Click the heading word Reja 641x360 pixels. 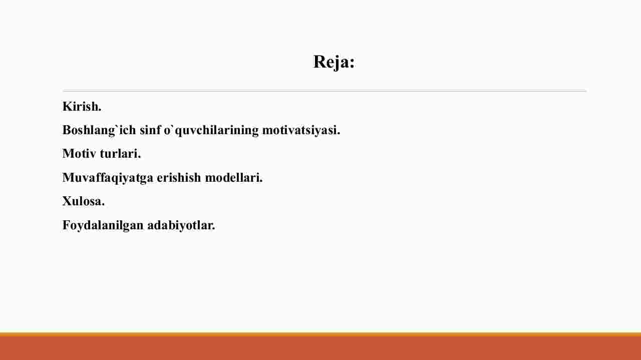pyautogui.click(x=331, y=62)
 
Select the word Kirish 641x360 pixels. pyautogui.click(x=82, y=107)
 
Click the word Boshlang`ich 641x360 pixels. pyautogui.click(x=99, y=131)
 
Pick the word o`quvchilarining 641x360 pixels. pyautogui.click(x=211, y=131)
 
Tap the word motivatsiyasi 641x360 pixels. pyautogui.click(x=301, y=131)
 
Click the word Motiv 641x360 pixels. pyautogui.click(x=79, y=154)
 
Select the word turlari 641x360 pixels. pyautogui.click(x=120, y=154)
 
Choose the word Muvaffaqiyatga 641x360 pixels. pyautogui.click(x=108, y=178)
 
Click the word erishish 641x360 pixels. pyautogui.click(x=179, y=177)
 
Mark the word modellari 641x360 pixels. pyautogui.click(x=234, y=177)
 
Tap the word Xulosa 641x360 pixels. pyautogui.click(x=84, y=201)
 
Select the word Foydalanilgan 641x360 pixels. pyautogui.click(x=103, y=225)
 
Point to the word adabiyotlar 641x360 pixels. pyautogui.click(x=181, y=225)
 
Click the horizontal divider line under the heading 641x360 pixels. pyautogui.click(x=325, y=91)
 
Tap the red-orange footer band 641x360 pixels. pyautogui.click(x=320, y=348)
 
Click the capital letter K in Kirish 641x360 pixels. pyautogui.click(x=67, y=107)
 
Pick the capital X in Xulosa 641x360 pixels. pyautogui.click(x=67, y=201)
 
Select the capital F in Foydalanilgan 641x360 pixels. pyautogui.click(x=67, y=225)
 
